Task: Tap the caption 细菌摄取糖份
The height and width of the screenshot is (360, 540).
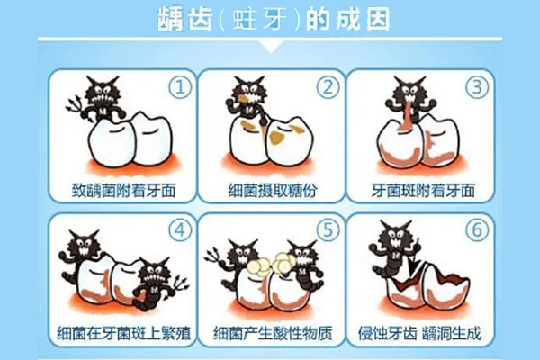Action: [x=269, y=191]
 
